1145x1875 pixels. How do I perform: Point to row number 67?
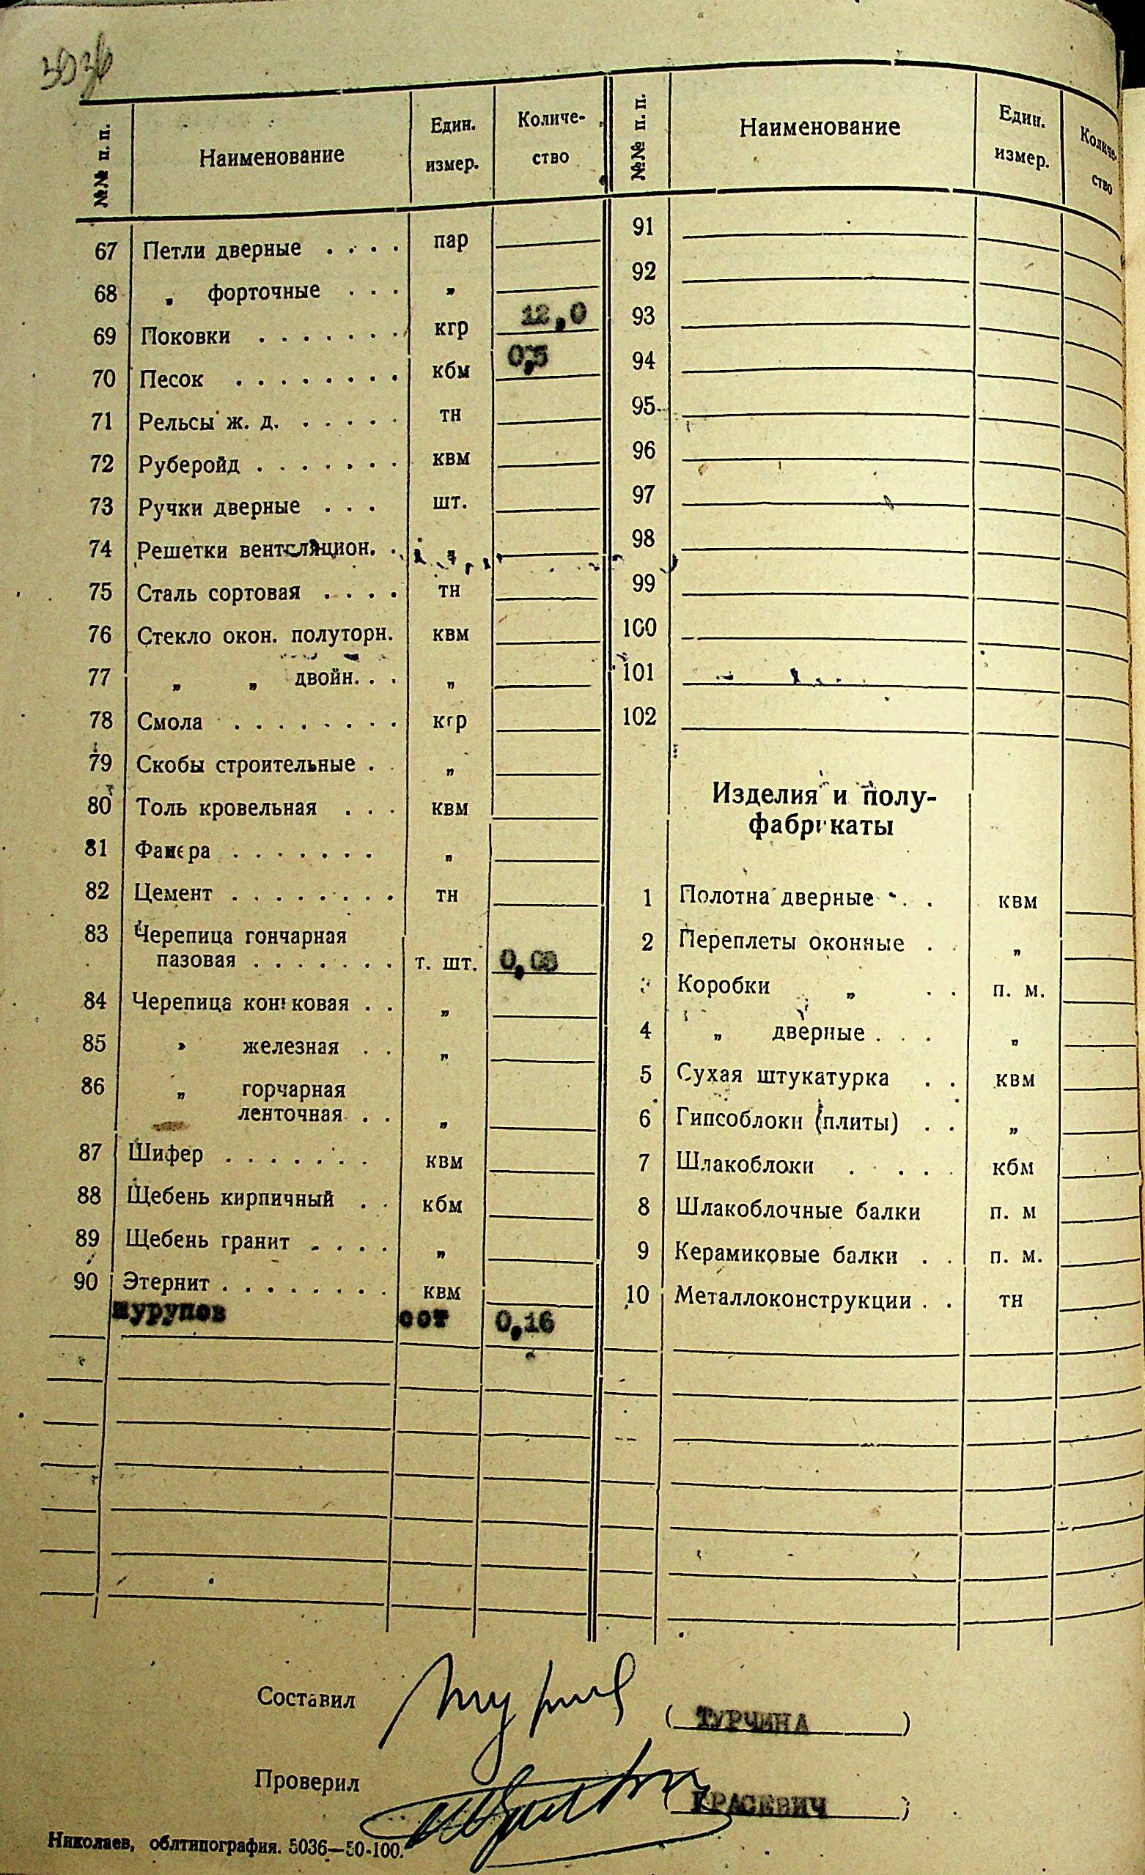(x=105, y=251)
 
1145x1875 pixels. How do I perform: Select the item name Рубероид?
(x=189, y=465)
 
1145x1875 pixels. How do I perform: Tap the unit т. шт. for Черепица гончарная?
(x=446, y=964)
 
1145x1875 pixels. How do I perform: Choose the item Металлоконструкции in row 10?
(x=792, y=1299)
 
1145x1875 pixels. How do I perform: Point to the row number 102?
(x=638, y=716)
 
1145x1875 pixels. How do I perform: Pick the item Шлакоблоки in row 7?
(x=745, y=1165)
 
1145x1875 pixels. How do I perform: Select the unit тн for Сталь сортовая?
(x=449, y=590)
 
